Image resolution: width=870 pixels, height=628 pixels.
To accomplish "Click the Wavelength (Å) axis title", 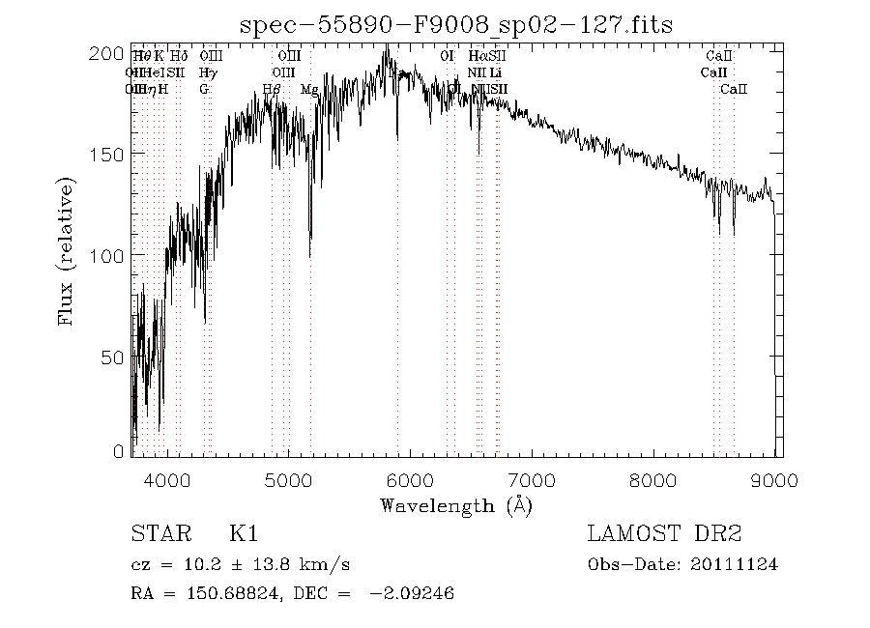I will [456, 505].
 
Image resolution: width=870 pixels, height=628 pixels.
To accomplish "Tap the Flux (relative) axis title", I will [67, 251].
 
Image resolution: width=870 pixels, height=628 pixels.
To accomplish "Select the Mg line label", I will [309, 89].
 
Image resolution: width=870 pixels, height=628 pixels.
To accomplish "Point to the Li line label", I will [495, 72].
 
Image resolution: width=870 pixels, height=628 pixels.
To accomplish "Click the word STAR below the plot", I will [158, 534].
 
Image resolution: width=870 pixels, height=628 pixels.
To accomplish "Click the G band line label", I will [204, 89].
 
